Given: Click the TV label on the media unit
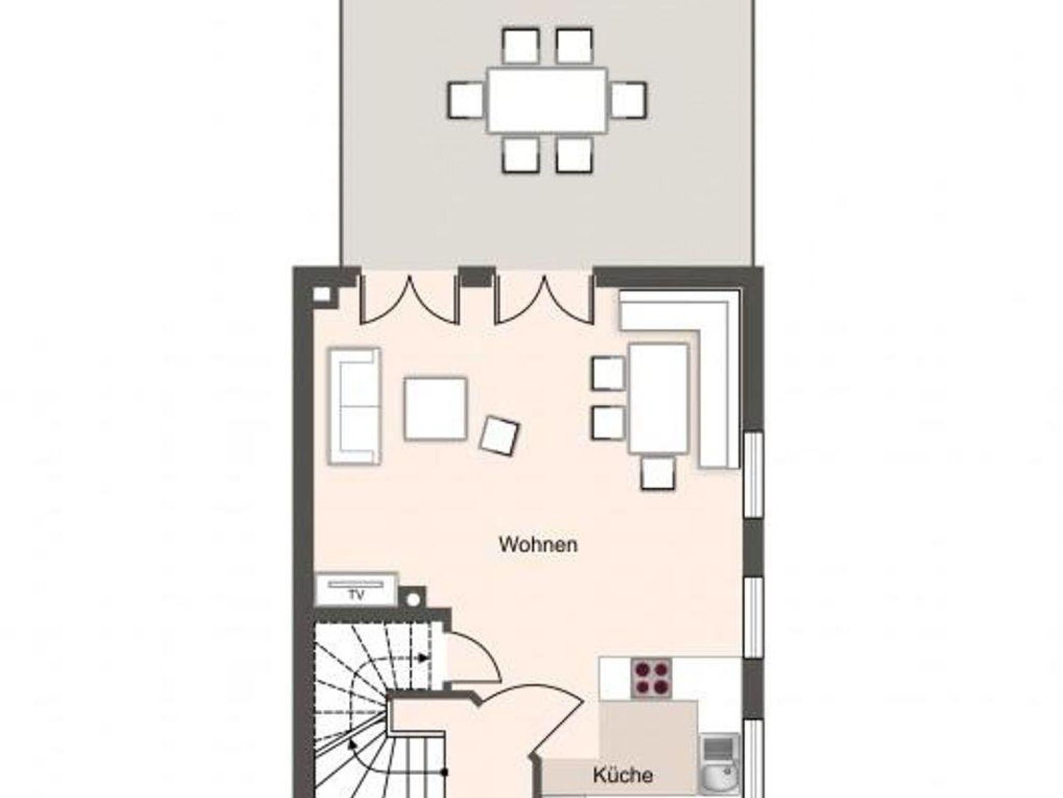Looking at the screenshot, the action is (356, 595).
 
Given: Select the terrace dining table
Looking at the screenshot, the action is (547, 100).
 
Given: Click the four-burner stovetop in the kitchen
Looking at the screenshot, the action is (651, 678).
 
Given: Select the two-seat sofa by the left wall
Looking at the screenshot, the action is (354, 406).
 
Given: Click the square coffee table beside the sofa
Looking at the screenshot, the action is (435, 409).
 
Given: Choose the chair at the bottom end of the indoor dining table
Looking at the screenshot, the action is (658, 472).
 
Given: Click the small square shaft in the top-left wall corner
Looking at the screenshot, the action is (322, 294).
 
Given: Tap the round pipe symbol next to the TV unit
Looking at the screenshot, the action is (413, 600).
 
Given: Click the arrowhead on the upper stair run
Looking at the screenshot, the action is (424, 658).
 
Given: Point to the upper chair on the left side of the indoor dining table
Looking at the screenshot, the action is (608, 373).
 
